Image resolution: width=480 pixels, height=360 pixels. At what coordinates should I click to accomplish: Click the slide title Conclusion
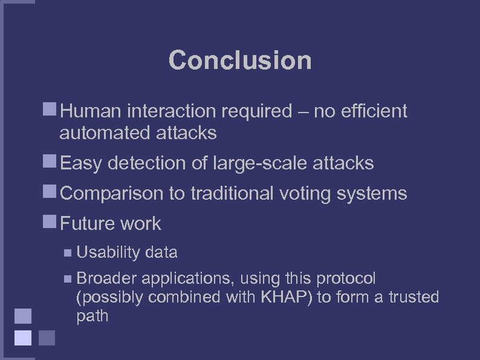(x=240, y=61)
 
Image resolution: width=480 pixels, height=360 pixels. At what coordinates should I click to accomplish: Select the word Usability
(x=108, y=252)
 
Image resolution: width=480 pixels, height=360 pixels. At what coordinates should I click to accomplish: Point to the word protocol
(x=345, y=278)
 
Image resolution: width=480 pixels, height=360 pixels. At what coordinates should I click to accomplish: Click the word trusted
(x=413, y=297)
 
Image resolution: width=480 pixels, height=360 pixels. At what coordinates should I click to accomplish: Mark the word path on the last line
(x=92, y=316)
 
